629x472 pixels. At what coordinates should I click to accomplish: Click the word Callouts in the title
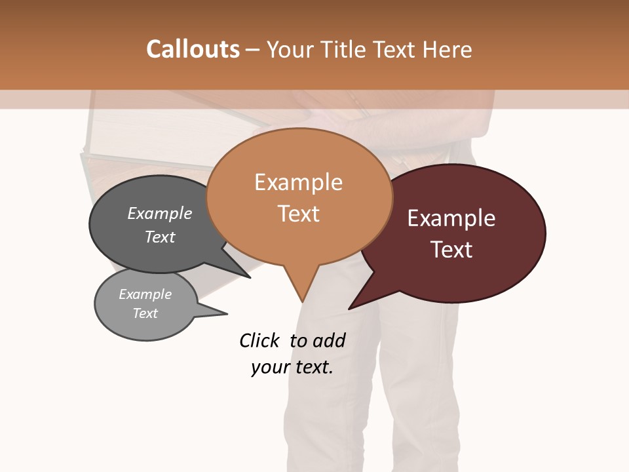point(193,49)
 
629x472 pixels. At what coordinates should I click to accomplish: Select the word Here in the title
point(448,50)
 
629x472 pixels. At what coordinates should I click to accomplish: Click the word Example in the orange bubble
point(298,182)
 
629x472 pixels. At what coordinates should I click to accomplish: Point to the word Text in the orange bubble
point(299,214)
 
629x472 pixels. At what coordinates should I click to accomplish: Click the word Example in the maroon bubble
point(451,218)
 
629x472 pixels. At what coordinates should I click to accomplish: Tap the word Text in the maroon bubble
point(451,250)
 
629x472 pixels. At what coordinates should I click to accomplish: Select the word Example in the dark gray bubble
point(160,214)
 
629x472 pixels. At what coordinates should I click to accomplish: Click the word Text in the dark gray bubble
point(160,237)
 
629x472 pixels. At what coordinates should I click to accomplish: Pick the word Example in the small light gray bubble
point(145,294)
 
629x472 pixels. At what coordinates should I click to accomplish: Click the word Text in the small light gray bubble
point(145,313)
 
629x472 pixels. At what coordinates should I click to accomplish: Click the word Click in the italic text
point(260,340)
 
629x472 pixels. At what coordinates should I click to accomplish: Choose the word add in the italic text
point(329,340)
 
